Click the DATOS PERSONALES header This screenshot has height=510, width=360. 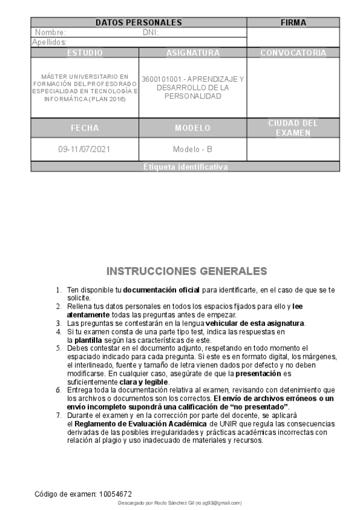point(139,22)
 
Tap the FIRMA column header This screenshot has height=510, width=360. point(293,22)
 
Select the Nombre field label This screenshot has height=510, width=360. point(51,32)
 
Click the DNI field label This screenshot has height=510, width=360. point(150,32)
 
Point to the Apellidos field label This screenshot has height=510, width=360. point(49,43)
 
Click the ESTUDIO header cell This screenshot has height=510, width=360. point(85,53)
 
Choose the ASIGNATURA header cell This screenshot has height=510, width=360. point(193,53)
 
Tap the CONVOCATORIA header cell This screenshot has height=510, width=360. point(293,53)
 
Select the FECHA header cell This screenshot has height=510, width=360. point(85,128)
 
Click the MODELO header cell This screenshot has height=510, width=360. point(193,128)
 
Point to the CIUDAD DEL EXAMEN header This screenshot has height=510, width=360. point(293,128)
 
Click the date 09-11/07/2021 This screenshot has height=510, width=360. point(85,149)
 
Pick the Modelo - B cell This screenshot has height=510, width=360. point(193,149)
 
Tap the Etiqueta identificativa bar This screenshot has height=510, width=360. point(186,167)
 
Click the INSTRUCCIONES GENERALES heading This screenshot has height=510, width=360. point(187,271)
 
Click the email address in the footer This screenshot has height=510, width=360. point(219,502)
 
